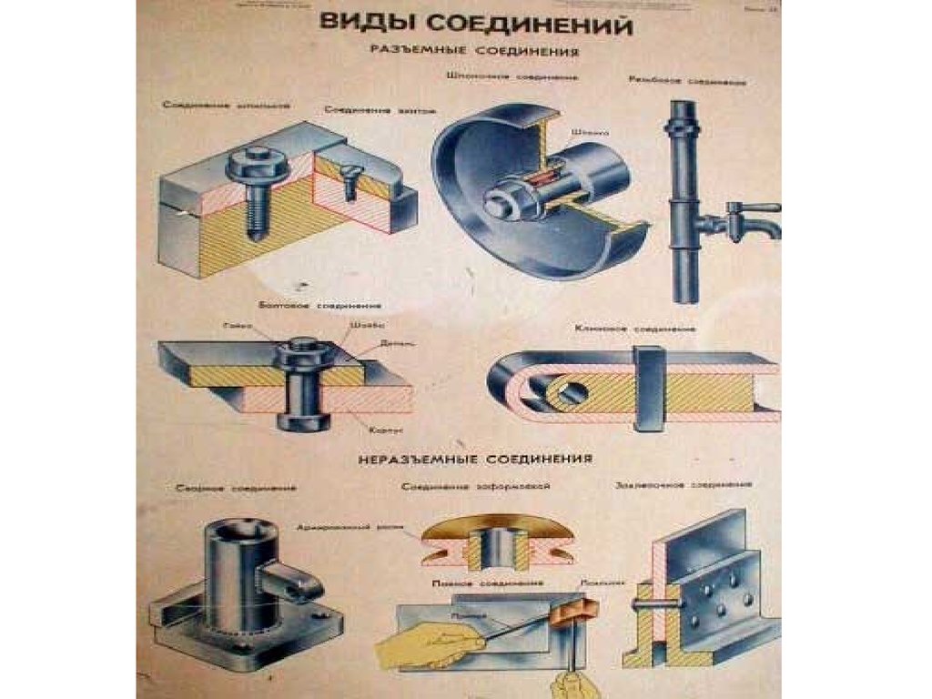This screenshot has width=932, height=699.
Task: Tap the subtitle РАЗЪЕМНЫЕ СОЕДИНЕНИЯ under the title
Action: coord(475,52)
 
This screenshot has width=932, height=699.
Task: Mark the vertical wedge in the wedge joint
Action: coord(648,387)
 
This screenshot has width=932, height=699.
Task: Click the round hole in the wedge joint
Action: coord(568,391)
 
